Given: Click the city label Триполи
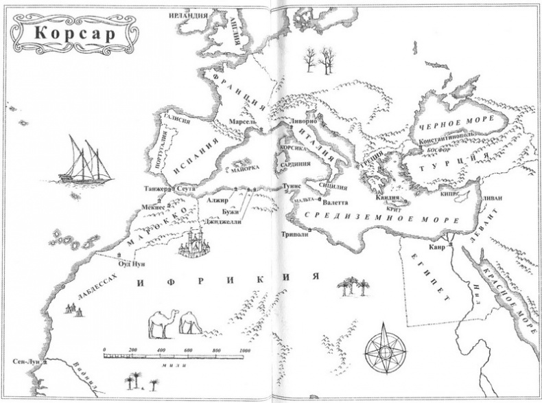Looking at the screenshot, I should (296, 233).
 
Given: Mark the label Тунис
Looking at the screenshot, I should (292, 186).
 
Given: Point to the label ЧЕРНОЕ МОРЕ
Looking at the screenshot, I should (445, 128).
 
